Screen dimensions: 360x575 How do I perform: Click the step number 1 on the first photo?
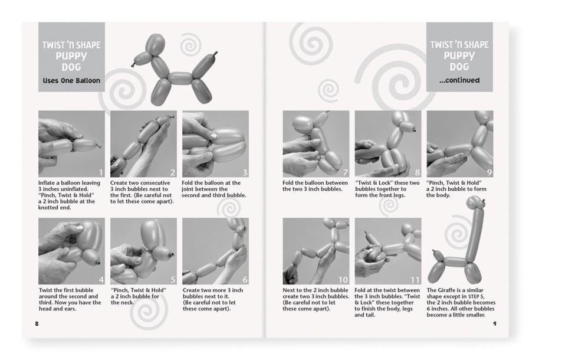coord(100,172)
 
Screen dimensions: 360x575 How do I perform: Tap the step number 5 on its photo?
coord(172,280)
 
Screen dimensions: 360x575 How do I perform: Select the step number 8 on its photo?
coord(416,172)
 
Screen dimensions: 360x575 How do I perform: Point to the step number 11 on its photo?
coord(415,280)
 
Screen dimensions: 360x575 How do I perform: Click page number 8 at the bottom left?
coord(37,323)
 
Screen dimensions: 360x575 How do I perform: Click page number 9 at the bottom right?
coord(494,323)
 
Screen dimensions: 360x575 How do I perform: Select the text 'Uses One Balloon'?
coord(71,80)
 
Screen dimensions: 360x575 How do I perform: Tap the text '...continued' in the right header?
coord(459,80)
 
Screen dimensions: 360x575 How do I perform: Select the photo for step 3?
coord(215,143)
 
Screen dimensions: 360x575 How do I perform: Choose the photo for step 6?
coord(215,251)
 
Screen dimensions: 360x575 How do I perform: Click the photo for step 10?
coord(316,251)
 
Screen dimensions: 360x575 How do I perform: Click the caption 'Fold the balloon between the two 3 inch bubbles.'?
coord(316,186)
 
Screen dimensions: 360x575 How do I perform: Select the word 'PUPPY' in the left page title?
coord(71,56)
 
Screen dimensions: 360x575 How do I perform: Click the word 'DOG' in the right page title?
coord(459,67)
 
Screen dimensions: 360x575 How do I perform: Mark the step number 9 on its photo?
coord(488,172)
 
